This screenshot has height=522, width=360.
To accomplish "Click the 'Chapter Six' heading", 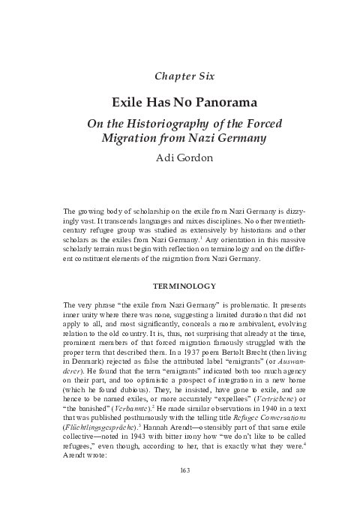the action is [x=180, y=75].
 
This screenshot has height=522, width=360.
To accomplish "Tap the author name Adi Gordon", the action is [x=180, y=158].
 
